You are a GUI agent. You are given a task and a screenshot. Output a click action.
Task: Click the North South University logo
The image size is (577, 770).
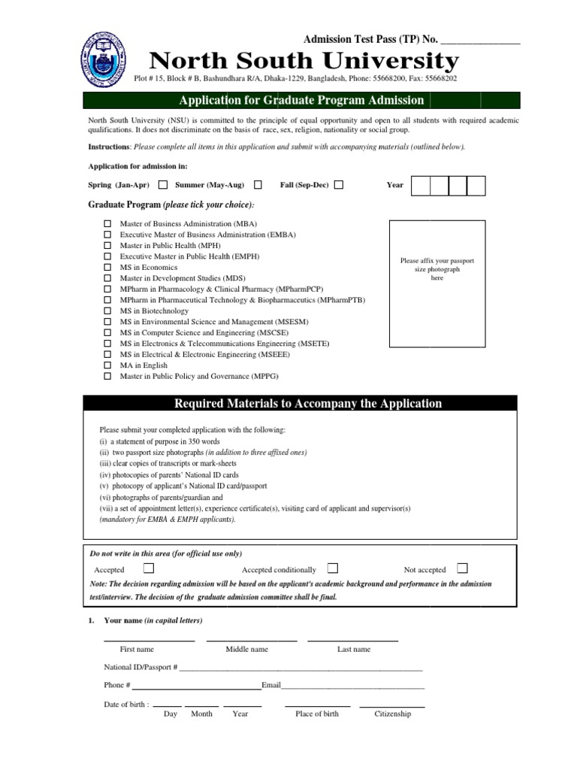(103, 62)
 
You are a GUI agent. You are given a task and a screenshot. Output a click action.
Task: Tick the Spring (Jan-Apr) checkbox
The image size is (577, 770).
(163, 185)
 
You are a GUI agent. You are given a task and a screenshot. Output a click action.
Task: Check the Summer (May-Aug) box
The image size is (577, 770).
(258, 185)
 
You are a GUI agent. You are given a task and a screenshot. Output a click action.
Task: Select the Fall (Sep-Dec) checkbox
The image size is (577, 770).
(339, 185)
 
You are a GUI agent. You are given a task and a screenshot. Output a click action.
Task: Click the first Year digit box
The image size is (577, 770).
(421, 186)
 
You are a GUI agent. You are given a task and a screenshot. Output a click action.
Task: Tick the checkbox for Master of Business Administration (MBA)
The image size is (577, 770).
(107, 224)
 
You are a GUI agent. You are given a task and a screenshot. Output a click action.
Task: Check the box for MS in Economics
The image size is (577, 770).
(107, 267)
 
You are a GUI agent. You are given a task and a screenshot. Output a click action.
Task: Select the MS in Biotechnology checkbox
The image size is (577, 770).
(107, 311)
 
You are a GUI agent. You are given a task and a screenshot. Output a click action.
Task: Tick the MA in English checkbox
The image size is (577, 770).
(107, 365)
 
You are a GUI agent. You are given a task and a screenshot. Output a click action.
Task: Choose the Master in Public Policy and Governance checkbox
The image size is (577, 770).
(107, 376)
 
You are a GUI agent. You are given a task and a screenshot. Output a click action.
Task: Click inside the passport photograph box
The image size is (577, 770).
(437, 283)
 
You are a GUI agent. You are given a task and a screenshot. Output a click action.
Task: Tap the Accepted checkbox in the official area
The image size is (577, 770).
(149, 568)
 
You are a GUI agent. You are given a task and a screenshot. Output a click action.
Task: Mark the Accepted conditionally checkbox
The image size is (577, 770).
(333, 568)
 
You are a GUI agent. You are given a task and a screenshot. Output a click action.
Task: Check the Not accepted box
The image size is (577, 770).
(462, 568)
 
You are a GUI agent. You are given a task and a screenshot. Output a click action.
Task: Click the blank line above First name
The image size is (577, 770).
(149, 639)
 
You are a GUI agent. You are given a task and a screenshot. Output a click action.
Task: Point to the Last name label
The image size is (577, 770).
(353, 649)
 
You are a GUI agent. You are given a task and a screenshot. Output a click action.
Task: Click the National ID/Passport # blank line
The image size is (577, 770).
(301, 668)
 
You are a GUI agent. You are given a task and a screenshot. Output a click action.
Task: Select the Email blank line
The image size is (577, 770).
(352, 687)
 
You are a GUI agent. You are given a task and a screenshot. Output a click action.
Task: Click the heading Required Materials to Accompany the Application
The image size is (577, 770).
(308, 404)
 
